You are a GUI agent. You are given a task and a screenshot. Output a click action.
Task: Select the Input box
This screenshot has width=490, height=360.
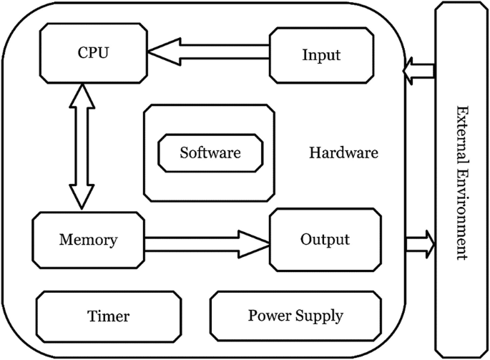[321, 54]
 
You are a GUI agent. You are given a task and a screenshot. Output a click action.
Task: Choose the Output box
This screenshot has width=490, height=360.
[325, 239]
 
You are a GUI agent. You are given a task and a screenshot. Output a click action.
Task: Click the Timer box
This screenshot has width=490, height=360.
[109, 316]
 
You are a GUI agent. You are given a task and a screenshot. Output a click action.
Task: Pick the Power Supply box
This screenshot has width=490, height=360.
[295, 316]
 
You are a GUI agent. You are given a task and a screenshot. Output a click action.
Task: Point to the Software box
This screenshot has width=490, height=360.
[210, 152]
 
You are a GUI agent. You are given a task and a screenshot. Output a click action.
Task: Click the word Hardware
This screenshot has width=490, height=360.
[343, 153]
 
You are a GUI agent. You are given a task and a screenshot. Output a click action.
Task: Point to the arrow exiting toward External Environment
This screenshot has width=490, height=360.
[420, 243]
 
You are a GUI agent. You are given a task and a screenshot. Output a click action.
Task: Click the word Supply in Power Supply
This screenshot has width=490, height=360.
[320, 316]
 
